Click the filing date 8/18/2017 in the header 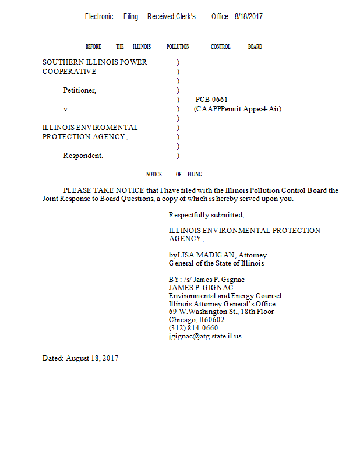coord(249,17)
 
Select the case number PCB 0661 coord(211,100)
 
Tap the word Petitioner coord(79,90)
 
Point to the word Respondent coord(83,156)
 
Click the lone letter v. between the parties coord(66,109)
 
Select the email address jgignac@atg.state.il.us coord(205,336)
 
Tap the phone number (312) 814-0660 coord(193,328)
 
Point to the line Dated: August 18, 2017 coord(80,358)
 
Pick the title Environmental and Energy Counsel coord(225,296)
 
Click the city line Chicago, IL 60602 coord(196,320)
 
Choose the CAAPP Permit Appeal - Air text coord(238,109)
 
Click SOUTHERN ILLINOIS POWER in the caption coord(94,62)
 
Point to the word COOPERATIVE coord(69,72)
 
